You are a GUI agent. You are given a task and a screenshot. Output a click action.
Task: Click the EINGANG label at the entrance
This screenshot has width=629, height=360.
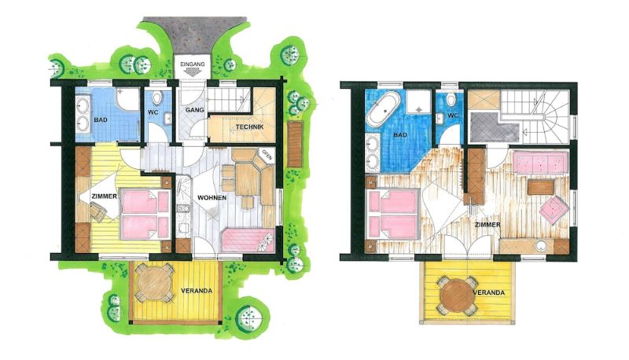pyautogui.click(x=193, y=64)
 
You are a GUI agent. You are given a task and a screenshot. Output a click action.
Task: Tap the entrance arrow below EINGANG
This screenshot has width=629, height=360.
pyautogui.click(x=193, y=72)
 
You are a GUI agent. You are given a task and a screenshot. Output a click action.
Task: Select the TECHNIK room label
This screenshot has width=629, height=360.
pyautogui.click(x=249, y=127)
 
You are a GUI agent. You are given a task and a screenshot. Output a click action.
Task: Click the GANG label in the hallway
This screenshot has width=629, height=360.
pyautogui.click(x=195, y=110)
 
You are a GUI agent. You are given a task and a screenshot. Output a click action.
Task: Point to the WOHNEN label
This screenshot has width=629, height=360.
pyautogui.click(x=212, y=197)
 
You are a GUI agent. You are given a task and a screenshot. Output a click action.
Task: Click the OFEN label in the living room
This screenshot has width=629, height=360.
pyautogui.click(x=267, y=155)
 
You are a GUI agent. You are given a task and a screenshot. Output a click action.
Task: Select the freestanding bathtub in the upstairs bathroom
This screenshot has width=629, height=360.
pyautogui.click(x=384, y=108)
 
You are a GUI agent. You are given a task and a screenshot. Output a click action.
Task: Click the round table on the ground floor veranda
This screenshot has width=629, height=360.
pyautogui.click(x=154, y=283)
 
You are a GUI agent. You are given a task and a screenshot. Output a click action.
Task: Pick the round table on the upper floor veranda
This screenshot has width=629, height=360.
pyautogui.click(x=457, y=296)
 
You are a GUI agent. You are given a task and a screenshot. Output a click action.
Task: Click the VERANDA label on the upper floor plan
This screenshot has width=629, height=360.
pyautogui.click(x=489, y=292)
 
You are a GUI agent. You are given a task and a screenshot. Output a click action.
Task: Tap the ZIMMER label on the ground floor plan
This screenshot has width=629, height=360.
pyautogui.click(x=105, y=197)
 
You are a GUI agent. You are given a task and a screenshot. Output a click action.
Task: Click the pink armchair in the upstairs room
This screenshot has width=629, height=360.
pyautogui.click(x=554, y=210)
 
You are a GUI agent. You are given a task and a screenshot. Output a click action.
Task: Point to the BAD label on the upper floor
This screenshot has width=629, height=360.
pyautogui.click(x=400, y=135)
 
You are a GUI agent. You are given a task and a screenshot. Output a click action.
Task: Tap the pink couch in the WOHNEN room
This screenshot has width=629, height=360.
pyautogui.click(x=248, y=240)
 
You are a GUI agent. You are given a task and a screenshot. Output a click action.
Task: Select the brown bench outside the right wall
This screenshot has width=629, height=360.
pyautogui.click(x=295, y=145)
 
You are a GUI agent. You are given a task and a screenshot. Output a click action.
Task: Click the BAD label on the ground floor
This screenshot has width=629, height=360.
pyautogui.click(x=101, y=119)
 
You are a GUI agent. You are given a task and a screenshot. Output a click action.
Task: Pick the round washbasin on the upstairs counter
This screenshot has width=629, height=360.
pyautogui.click(x=542, y=246)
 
